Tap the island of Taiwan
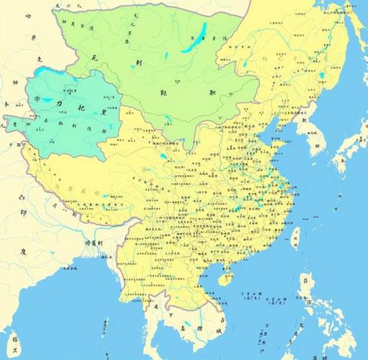[x=295, y=237]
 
